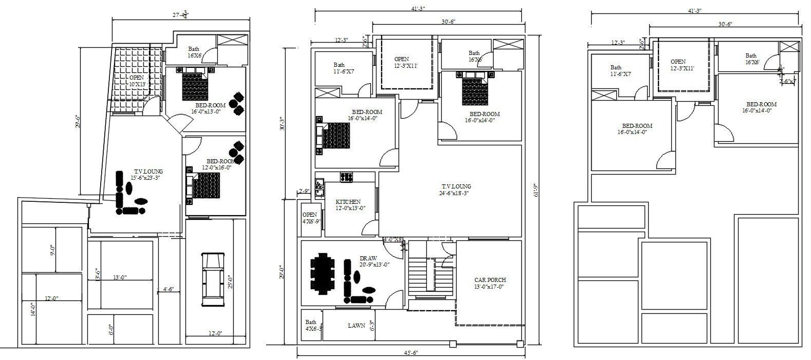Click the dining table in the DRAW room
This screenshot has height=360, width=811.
click(x=322, y=274)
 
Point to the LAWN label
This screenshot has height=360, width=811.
click(x=356, y=326)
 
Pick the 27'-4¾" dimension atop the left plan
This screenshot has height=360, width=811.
click(x=180, y=15)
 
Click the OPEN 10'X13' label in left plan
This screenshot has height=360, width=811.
click(x=137, y=81)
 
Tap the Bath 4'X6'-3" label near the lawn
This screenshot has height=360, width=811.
click(x=311, y=326)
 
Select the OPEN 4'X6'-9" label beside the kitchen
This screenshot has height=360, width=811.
click(x=310, y=218)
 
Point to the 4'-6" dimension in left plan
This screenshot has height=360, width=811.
click(x=168, y=289)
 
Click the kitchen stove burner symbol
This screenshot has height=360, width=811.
click(x=345, y=177)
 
